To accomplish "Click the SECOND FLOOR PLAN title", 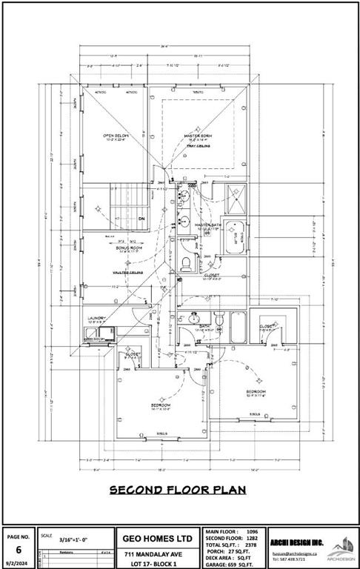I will (x=179, y=490).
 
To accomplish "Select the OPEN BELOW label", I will (x=117, y=136).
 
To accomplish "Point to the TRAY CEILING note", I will (x=199, y=146).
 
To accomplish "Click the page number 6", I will (x=19, y=549).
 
